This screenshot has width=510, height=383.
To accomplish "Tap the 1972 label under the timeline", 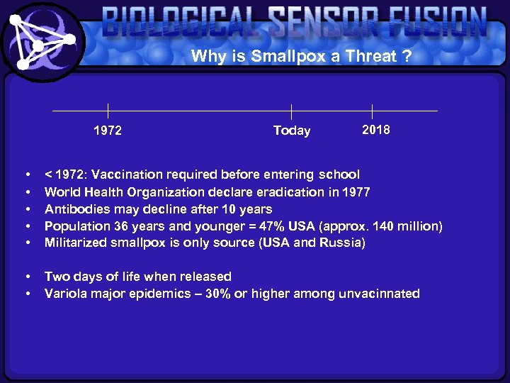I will pos(108,131).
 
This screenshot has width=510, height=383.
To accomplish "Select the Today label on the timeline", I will pos(292,131).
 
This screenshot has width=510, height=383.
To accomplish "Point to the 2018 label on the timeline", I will pos(375,130).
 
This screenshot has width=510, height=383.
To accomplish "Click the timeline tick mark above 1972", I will pos(108,111).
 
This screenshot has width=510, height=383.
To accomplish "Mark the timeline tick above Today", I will pos(292,111).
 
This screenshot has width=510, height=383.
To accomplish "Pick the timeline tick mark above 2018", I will pos(372,111).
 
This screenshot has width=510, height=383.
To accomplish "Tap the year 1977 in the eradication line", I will pos(356,191).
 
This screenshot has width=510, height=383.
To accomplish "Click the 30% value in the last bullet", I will pos(217,294).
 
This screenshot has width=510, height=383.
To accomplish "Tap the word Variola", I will pos(64,294).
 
